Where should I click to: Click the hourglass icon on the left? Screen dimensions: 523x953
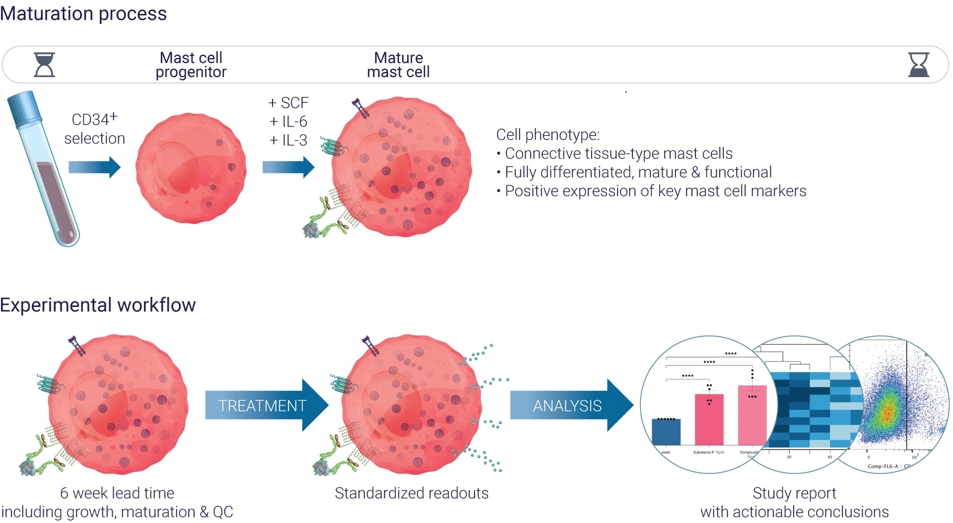pyautogui.click(x=44, y=65)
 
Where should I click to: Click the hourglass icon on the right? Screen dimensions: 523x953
pyautogui.click(x=918, y=65)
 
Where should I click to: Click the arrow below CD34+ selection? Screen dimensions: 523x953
pyautogui.click(x=94, y=167)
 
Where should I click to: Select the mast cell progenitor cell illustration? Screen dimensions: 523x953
pyautogui.click(x=191, y=168)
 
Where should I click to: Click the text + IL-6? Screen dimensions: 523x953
pyautogui.click(x=288, y=122)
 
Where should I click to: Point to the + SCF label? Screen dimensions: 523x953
pyautogui.click(x=288, y=103)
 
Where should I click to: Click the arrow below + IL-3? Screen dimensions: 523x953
pyautogui.click(x=288, y=167)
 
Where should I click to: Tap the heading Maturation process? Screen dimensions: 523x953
pyautogui.click(x=83, y=13)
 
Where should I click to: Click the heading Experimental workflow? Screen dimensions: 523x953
pyautogui.click(x=98, y=305)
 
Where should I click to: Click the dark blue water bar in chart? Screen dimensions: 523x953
pyautogui.click(x=666, y=432)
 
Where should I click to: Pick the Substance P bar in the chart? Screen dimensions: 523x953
pyautogui.click(x=709, y=420)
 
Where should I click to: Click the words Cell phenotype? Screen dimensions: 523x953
pyautogui.click(x=548, y=135)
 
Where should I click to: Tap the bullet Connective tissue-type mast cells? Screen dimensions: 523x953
pyautogui.click(x=618, y=153)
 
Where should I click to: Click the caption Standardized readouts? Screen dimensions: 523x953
pyautogui.click(x=411, y=493)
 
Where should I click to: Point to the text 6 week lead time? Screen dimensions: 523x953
pyautogui.click(x=117, y=493)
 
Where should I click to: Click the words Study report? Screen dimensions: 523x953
pyautogui.click(x=794, y=493)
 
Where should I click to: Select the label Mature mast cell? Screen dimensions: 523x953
pyautogui.click(x=398, y=65)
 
